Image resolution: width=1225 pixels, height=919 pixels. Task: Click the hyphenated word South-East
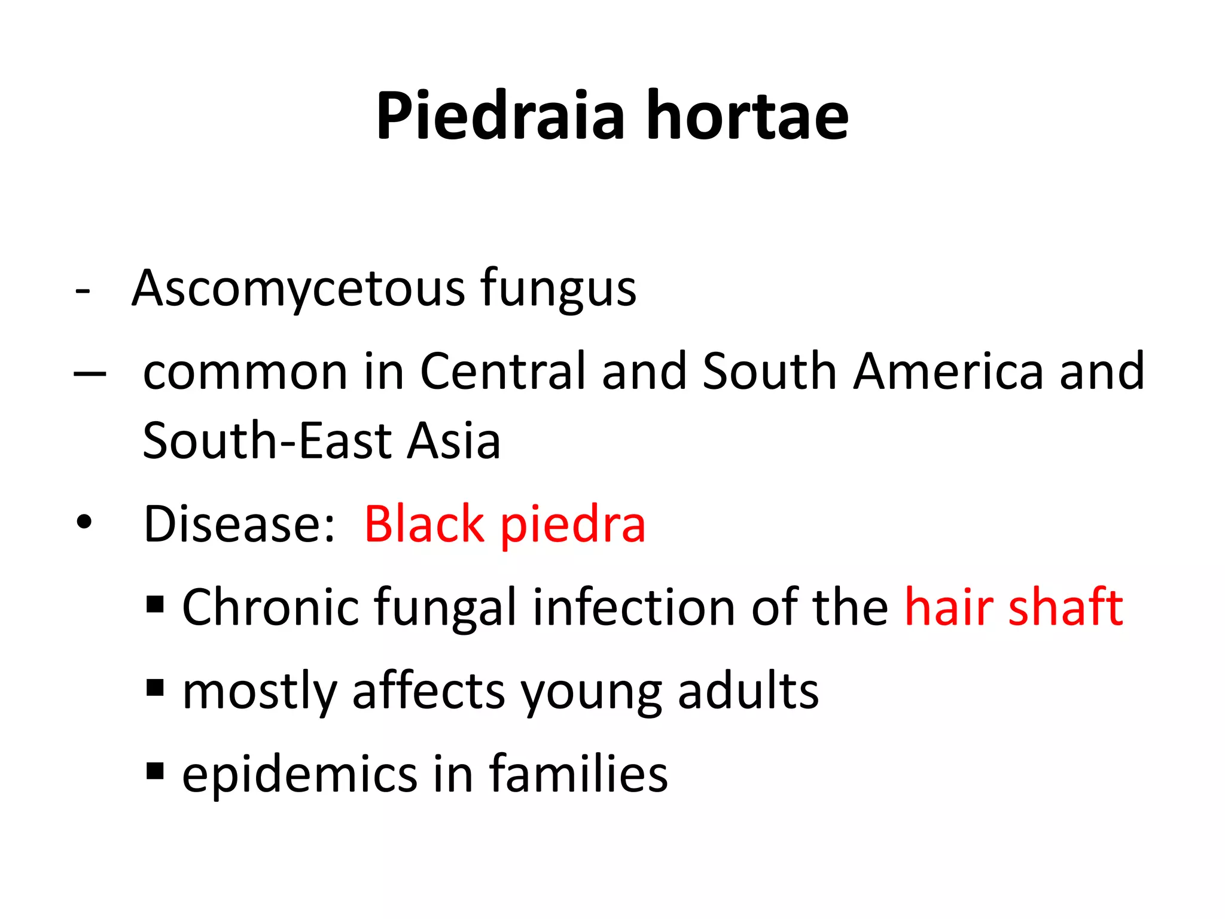click(x=267, y=441)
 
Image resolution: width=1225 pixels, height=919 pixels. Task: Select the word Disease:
click(x=239, y=525)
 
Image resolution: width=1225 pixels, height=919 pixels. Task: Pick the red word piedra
click(x=572, y=525)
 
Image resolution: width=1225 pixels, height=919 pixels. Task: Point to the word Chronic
click(x=270, y=607)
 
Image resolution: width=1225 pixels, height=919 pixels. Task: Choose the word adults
click(x=748, y=691)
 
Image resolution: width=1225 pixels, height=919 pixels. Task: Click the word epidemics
click(x=299, y=775)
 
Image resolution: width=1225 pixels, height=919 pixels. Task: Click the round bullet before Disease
click(x=84, y=522)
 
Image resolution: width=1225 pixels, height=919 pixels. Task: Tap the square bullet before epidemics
click(x=155, y=771)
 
